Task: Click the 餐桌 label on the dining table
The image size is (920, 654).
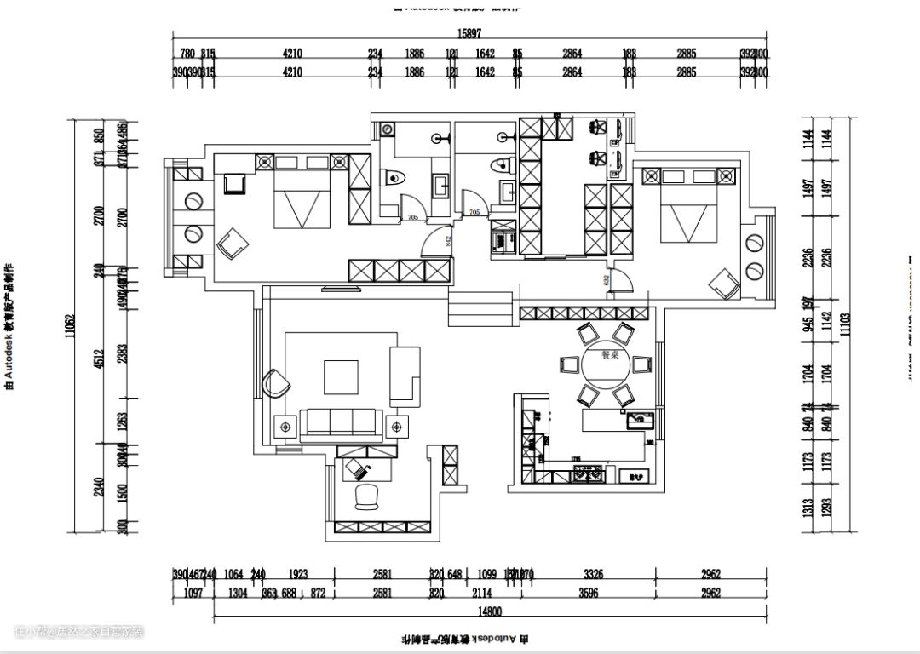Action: [609, 356]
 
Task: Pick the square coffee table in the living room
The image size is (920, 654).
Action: [342, 376]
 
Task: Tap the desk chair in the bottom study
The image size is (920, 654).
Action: [367, 496]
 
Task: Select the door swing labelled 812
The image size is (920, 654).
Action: [437, 242]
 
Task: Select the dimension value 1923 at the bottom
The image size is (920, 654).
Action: [297, 575]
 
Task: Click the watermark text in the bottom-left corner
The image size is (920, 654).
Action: [78, 632]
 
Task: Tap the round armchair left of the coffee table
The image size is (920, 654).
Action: [274, 382]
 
